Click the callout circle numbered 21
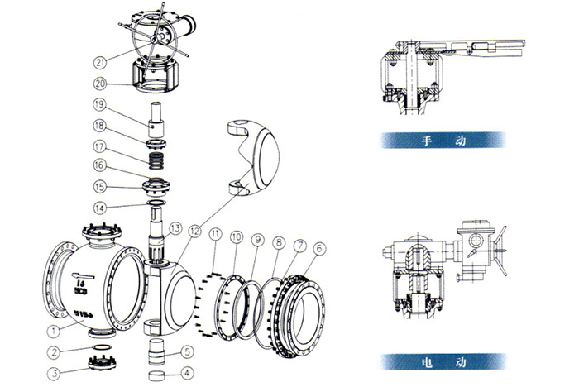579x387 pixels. [x=101, y=62]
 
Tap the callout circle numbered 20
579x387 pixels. [x=101, y=84]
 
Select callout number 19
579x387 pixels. [x=99, y=105]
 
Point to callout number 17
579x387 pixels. [x=99, y=146]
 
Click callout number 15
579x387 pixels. [x=99, y=186]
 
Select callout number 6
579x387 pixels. [x=319, y=246]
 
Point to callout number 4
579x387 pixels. [x=186, y=372]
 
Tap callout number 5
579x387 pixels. [x=187, y=351]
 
